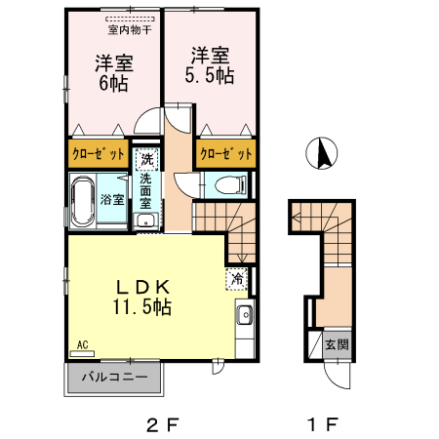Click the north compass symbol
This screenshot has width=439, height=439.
pos(323,152)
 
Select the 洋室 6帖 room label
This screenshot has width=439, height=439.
pos(113,73)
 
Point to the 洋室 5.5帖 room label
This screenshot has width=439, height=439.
pos(210,66)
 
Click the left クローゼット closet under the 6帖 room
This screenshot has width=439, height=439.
pos(98,154)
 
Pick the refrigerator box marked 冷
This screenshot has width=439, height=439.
pos(237,278)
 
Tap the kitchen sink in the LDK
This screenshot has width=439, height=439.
pos(244,314)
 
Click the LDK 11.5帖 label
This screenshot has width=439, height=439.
pos(143,297)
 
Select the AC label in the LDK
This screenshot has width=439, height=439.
pos(83,344)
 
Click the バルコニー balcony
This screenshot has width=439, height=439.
pos(113,377)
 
